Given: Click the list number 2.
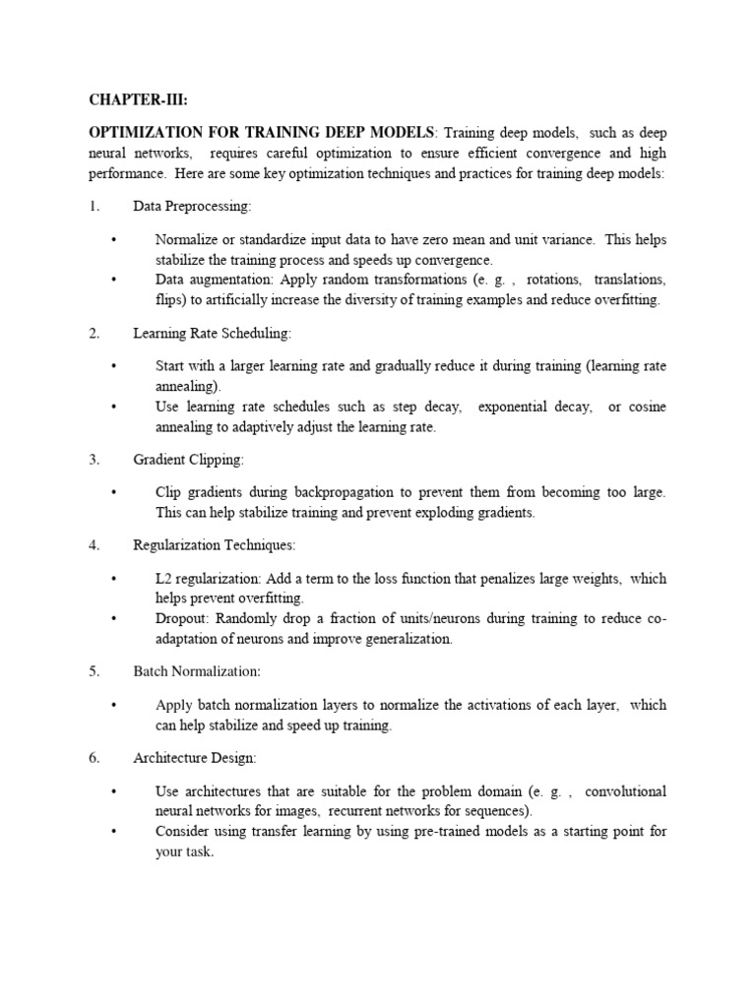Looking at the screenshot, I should (x=94, y=334).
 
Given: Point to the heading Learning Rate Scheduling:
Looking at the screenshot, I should (x=212, y=334).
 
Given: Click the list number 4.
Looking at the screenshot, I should (x=94, y=544).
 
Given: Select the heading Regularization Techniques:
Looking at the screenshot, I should (x=214, y=544).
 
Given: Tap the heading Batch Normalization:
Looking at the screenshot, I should (x=197, y=670).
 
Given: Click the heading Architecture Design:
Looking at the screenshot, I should (x=195, y=757).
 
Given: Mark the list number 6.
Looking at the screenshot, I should (x=94, y=757).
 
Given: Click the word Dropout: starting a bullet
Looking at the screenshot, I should (x=181, y=618).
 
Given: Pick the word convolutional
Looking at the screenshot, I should (x=625, y=791).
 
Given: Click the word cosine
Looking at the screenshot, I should (x=647, y=407).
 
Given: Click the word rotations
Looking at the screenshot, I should (x=550, y=280).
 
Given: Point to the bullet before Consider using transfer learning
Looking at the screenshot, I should (x=114, y=832).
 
